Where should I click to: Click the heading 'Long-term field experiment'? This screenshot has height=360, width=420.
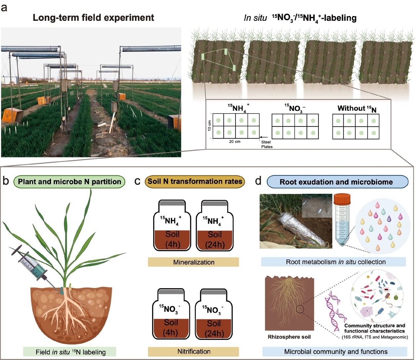[x=93, y=18]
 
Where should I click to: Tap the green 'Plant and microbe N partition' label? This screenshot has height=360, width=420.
[x=69, y=182]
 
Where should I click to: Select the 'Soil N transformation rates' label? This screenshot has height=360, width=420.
[x=195, y=181]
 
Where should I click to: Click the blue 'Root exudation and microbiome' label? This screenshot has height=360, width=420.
[x=336, y=182]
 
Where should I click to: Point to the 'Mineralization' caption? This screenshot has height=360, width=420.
[x=193, y=262]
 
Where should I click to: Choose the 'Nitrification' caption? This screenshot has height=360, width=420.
[x=193, y=351]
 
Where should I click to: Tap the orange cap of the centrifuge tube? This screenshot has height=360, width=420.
[x=342, y=200]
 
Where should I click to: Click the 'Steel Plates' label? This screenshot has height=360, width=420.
[x=266, y=144]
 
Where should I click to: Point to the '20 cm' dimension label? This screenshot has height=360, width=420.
[x=234, y=142]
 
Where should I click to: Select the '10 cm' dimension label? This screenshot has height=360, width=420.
[x=209, y=126]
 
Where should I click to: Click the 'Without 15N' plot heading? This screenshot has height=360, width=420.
[x=357, y=109]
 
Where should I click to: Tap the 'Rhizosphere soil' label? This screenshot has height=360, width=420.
[x=289, y=337]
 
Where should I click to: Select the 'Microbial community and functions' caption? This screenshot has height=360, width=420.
[x=336, y=351]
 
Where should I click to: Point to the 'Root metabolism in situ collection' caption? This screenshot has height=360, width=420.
[x=336, y=262]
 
